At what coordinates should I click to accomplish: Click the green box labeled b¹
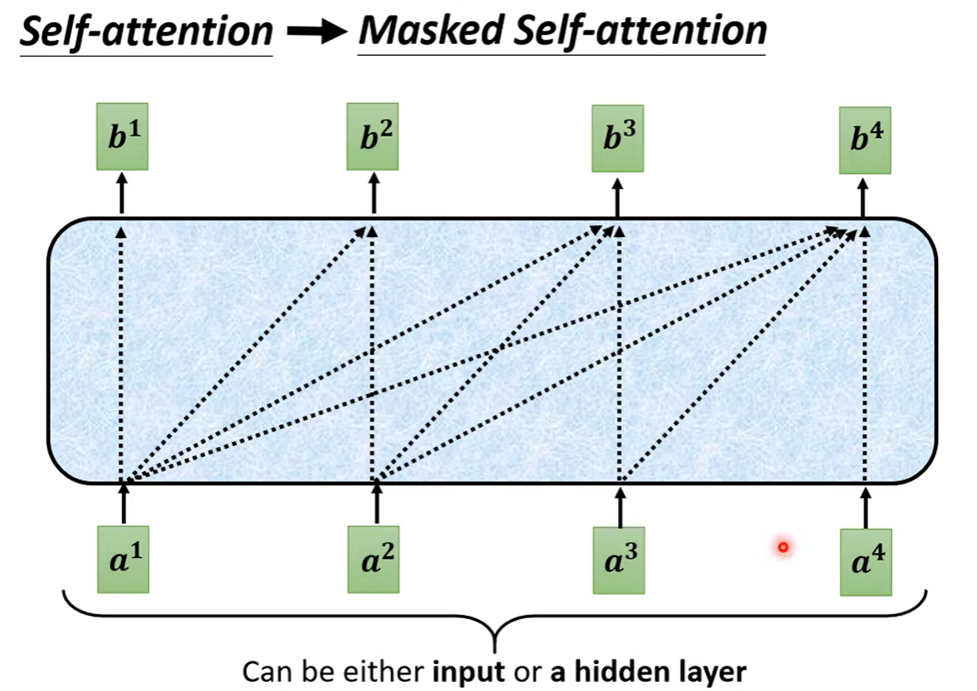pos(123,137)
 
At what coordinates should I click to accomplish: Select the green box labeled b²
pos(373,137)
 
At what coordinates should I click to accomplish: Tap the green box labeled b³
pos(617,137)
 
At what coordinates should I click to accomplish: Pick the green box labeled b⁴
pos(864,141)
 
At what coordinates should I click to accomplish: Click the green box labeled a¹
pos(124,560)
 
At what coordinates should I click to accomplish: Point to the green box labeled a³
pos(619,560)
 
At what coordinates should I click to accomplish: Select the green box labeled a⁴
pos(865,562)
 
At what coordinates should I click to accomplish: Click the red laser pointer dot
pos(783,548)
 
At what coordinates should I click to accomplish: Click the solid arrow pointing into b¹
pos(123,192)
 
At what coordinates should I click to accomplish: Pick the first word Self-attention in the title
pos(146,32)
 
